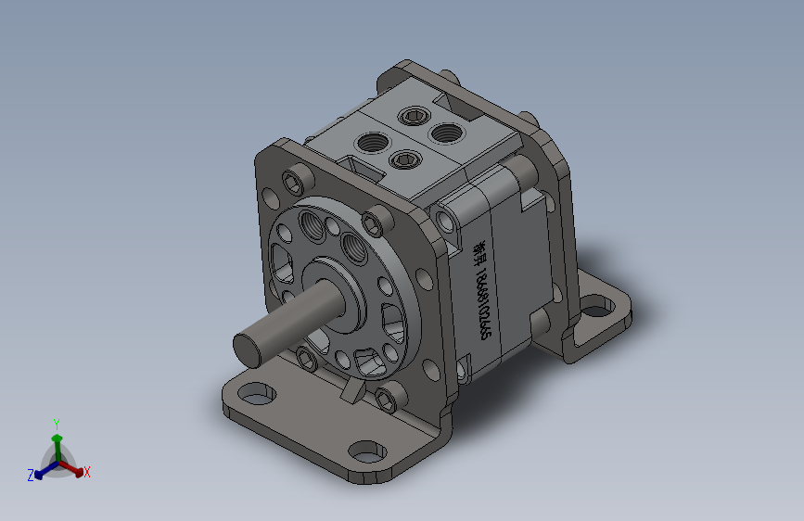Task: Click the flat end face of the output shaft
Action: tap(248, 348)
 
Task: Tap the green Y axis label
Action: tap(57, 422)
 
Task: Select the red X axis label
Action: tap(87, 473)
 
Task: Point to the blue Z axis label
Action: tap(31, 475)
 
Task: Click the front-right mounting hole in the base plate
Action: tap(366, 451)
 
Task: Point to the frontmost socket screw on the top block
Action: tap(404, 160)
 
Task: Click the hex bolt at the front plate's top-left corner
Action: tap(297, 177)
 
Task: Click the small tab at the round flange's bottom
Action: tap(350, 392)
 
